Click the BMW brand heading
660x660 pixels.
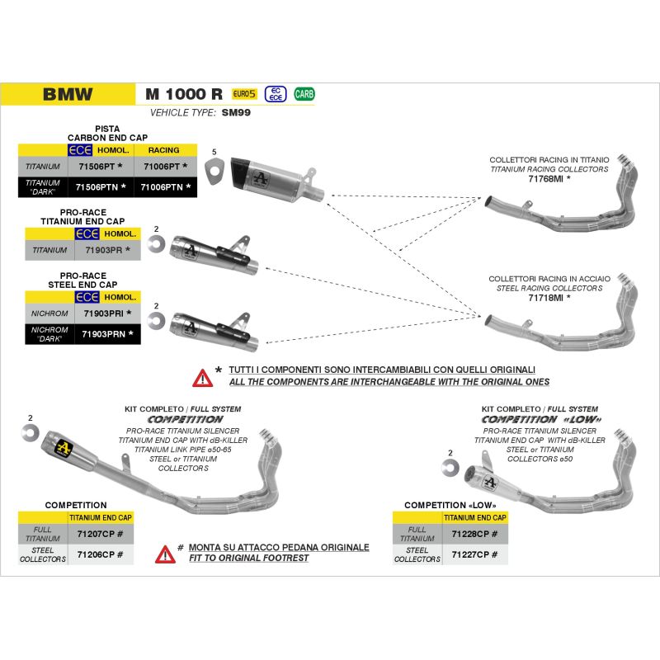[68, 94]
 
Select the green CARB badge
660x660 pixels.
[304, 94]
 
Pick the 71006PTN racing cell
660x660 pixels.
[165, 187]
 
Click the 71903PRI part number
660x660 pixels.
[104, 314]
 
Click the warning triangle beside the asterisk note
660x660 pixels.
[202, 378]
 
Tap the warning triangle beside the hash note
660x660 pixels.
[165, 554]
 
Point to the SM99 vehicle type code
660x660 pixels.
[236, 113]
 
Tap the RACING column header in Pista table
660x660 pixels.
[163, 151]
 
